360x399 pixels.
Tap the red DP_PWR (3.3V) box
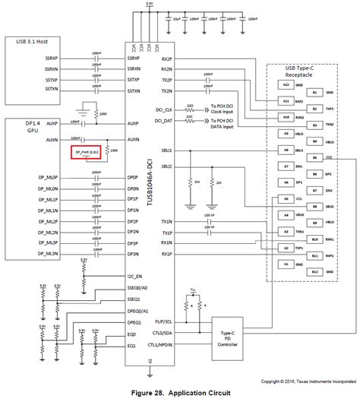pos(87,152)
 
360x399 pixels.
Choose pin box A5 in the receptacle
pos(286,198)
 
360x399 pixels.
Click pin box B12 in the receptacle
pos(315,271)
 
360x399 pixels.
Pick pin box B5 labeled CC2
pos(315,157)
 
